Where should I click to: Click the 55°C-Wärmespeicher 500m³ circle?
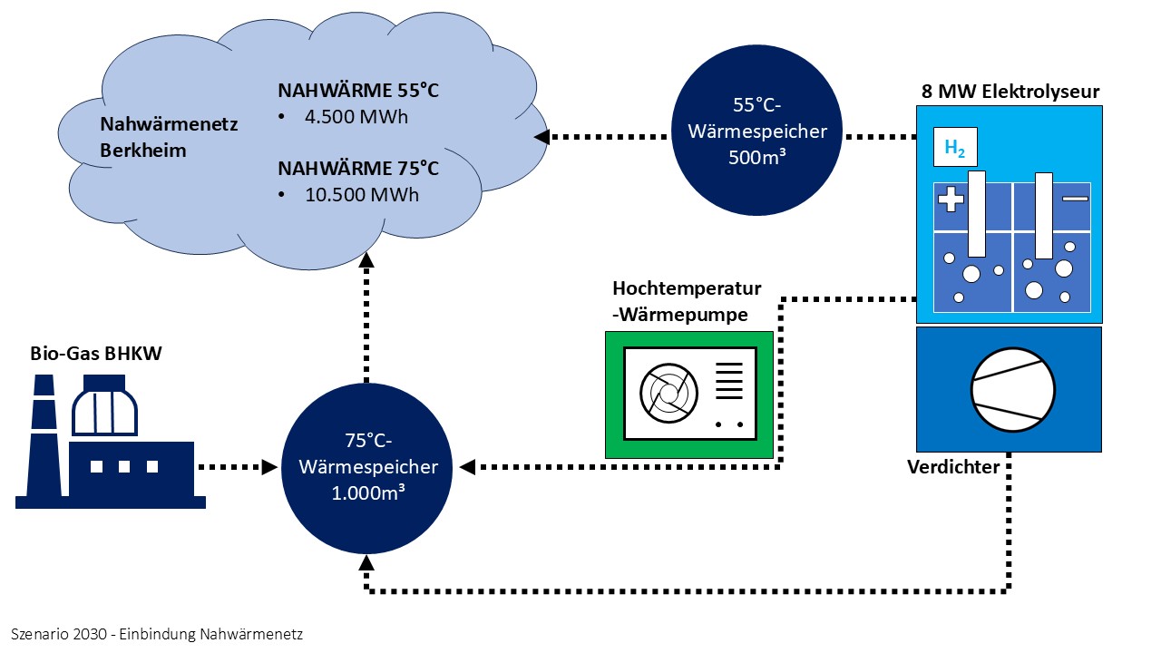tap(757, 131)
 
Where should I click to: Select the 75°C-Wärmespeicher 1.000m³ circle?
tap(366, 467)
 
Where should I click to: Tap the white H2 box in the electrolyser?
tap(955, 148)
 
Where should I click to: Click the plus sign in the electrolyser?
tap(951, 199)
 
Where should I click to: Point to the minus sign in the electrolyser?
tap(1074, 198)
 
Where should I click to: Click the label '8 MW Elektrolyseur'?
tap(1009, 92)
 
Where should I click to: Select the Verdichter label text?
tap(953, 467)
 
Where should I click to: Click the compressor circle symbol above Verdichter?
tap(1012, 390)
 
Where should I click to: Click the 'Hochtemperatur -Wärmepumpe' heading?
tap(687, 301)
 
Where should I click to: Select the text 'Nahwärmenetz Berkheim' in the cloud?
tap(168, 137)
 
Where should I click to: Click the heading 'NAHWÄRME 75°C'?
tap(358, 169)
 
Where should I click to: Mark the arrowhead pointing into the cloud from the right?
tap(542, 137)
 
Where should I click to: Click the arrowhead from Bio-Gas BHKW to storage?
tap(269, 467)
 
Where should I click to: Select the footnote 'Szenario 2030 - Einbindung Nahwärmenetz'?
tap(157, 634)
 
